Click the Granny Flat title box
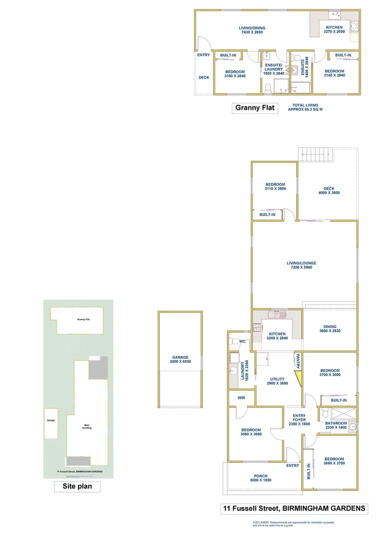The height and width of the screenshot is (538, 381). click(x=255, y=108)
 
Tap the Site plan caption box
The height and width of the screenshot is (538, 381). click(x=77, y=486)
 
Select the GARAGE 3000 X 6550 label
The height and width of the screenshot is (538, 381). click(x=180, y=359)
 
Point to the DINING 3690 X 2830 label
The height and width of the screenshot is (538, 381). click(x=330, y=329)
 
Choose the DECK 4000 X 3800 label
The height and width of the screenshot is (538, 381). click(x=329, y=191)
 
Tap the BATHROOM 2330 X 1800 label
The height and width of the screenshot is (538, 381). click(x=336, y=425)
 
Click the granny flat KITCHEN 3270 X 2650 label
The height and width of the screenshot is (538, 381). click(x=334, y=29)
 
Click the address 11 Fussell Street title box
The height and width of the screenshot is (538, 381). click(x=294, y=509)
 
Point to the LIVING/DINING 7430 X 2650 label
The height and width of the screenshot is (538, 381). click(x=251, y=29)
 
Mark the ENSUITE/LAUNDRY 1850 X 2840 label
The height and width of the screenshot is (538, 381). click(x=273, y=69)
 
